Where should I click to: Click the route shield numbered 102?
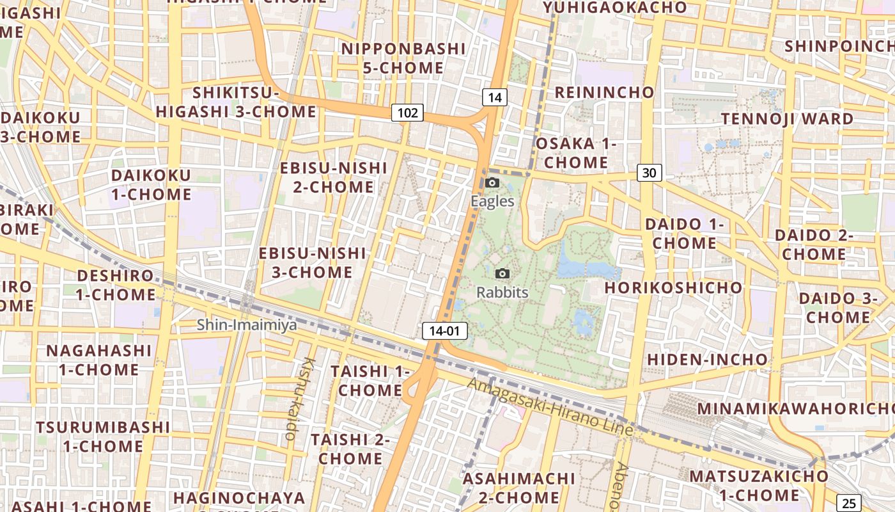pyautogui.click(x=407, y=113)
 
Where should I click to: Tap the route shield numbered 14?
pyautogui.click(x=494, y=97)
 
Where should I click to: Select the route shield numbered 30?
pyautogui.click(x=649, y=172)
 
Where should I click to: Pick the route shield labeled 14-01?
pyautogui.click(x=444, y=331)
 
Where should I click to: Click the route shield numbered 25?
pyautogui.click(x=848, y=503)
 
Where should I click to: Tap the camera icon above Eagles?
pyautogui.click(x=492, y=182)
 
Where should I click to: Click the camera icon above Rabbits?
pyautogui.click(x=502, y=274)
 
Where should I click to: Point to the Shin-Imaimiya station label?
pyautogui.click(x=247, y=325)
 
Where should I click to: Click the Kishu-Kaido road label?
pyautogui.click(x=296, y=398)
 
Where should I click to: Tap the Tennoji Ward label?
pyautogui.click(x=787, y=119)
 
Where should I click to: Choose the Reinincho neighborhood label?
pyautogui.click(x=604, y=92)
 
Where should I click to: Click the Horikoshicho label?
pyautogui.click(x=673, y=287)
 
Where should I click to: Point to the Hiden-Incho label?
pyautogui.click(x=707, y=359)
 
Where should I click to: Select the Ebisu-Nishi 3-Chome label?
pyautogui.click(x=313, y=262)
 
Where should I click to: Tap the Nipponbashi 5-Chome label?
pyautogui.click(x=403, y=58)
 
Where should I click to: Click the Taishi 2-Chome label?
pyautogui.click(x=350, y=449)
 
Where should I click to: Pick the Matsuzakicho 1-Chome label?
pyautogui.click(x=759, y=486)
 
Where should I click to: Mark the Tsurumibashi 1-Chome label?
pyautogui.click(x=103, y=436)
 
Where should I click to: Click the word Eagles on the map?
pyautogui.click(x=492, y=201)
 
